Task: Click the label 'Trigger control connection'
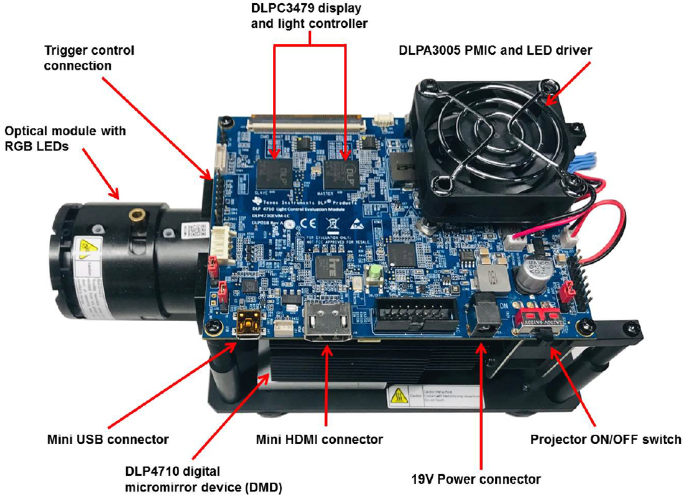click(x=89, y=57)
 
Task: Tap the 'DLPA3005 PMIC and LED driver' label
click(x=495, y=50)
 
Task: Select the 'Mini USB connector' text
click(x=108, y=439)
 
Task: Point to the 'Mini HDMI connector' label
click(x=320, y=439)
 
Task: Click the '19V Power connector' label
click(x=476, y=479)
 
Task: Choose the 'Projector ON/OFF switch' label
click(x=605, y=439)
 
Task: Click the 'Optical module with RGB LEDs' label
click(x=65, y=138)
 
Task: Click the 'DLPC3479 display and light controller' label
click(x=309, y=17)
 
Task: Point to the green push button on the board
click(x=375, y=274)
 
